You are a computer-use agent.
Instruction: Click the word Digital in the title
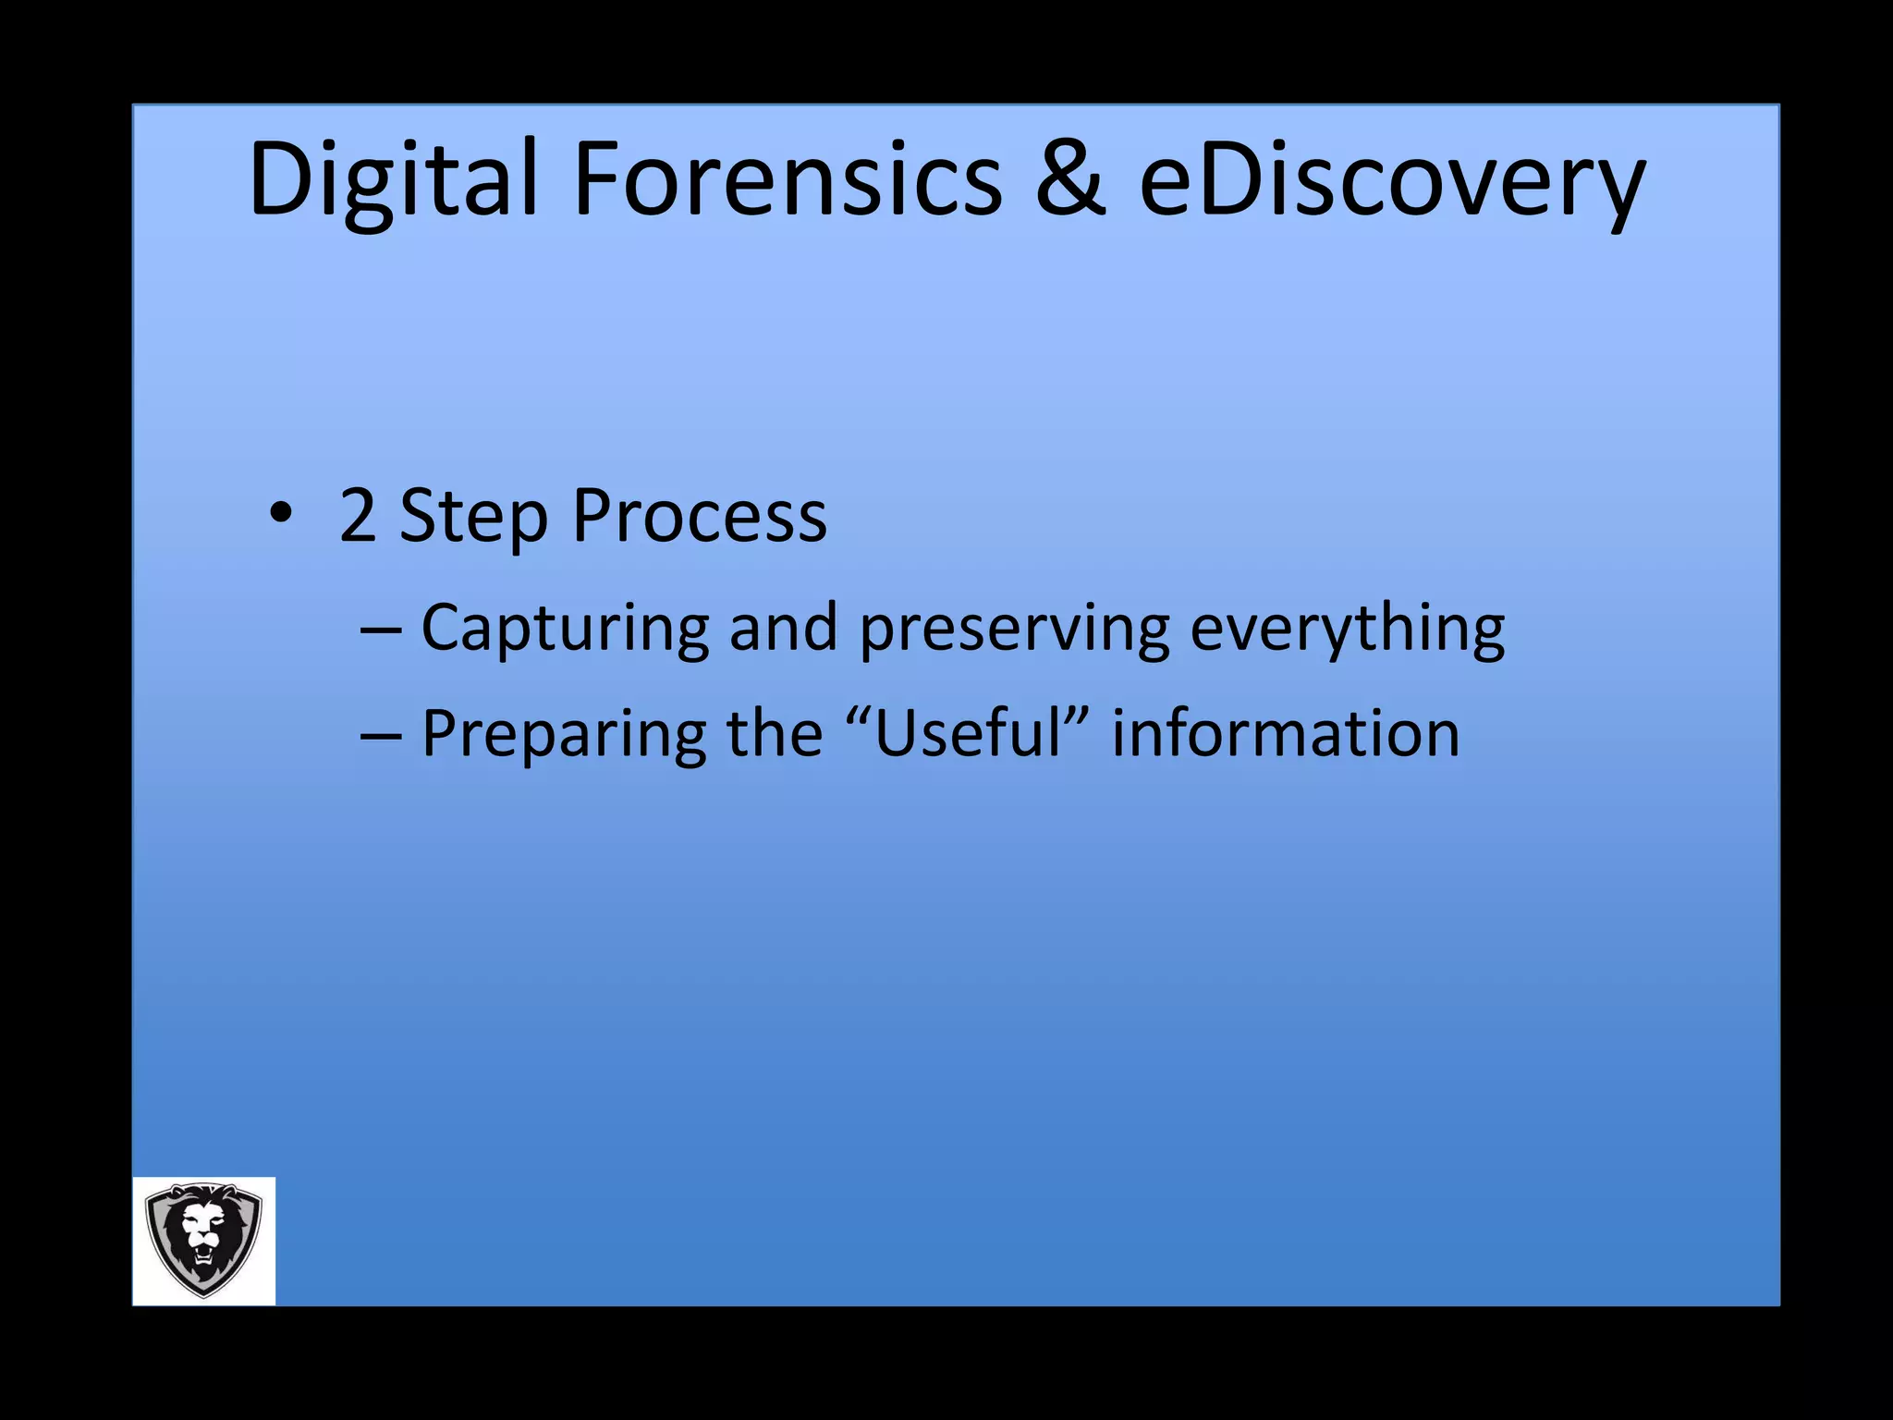tap(393, 180)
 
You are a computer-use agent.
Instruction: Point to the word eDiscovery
tap(1391, 180)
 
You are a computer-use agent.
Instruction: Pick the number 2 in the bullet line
tap(358, 515)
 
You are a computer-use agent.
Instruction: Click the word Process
tap(699, 515)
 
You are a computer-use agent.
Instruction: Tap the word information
tap(1285, 733)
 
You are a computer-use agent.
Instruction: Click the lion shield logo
tap(203, 1240)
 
